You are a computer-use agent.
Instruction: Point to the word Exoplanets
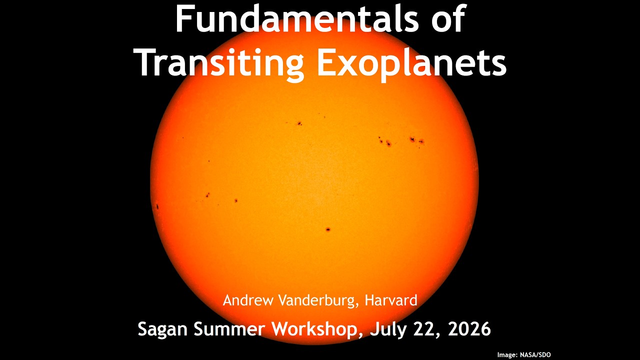(411, 62)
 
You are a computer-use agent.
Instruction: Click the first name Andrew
(248, 300)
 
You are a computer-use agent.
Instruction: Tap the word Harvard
(391, 300)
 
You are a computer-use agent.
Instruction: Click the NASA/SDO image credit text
(535, 355)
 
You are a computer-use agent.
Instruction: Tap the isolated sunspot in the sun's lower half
(328, 229)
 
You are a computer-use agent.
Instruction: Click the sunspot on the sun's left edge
(157, 206)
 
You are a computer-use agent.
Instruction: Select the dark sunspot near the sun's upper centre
(299, 123)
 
